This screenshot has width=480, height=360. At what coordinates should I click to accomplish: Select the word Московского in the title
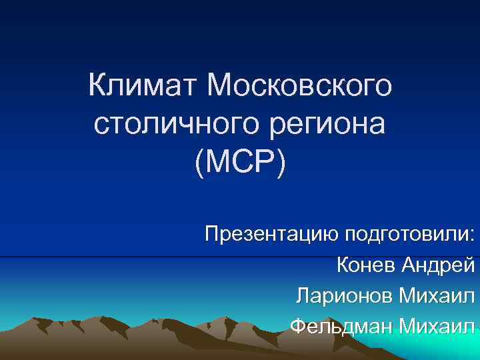pos(301,86)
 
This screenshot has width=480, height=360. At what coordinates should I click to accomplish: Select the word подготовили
pos(407,235)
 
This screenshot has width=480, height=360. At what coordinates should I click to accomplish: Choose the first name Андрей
pos(438,265)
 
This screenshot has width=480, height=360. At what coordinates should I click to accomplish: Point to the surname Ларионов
pos(344,295)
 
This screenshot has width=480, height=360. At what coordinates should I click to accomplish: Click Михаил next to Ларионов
pos(437,295)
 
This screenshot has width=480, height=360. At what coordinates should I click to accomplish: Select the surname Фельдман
pos(341,326)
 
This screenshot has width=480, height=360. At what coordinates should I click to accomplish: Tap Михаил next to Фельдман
pos(437,326)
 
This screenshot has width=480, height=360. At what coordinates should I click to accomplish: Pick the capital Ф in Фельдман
pos(299,326)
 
